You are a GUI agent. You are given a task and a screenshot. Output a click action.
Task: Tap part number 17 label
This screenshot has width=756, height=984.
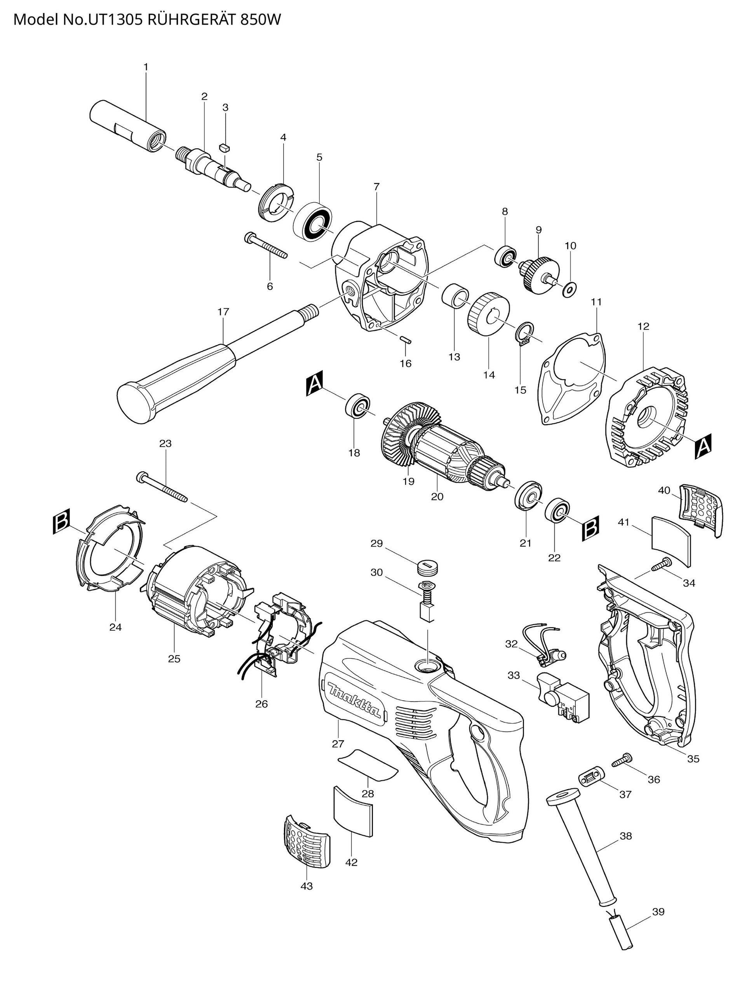[x=223, y=312]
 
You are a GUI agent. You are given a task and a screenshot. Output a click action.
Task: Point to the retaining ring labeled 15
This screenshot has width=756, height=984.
[x=524, y=333]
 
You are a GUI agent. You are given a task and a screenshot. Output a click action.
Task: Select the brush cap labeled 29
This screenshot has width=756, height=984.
[x=427, y=566]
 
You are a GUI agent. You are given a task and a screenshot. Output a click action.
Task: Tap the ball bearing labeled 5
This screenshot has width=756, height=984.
[x=313, y=222]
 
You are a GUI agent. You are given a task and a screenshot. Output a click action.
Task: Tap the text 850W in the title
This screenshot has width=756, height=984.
[x=260, y=20]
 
